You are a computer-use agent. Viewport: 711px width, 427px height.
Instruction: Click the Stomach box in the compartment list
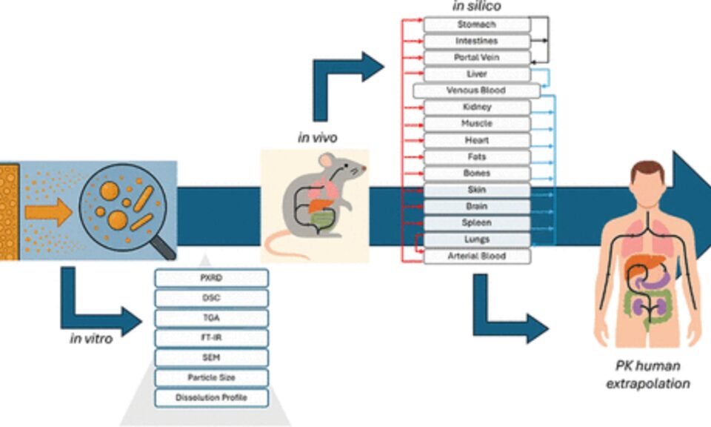coord(476,24)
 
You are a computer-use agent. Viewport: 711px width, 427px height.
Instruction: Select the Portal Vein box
coord(476,58)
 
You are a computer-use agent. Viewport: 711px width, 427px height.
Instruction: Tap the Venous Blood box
coord(476,90)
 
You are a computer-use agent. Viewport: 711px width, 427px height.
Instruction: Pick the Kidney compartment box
coord(476,107)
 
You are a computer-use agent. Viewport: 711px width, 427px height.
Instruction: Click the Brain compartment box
coord(476,206)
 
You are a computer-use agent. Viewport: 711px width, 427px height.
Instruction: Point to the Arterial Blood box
coord(476,256)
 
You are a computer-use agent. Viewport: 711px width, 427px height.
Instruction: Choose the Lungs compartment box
coord(476,239)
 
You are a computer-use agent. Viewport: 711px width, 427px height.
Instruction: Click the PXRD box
coord(211,279)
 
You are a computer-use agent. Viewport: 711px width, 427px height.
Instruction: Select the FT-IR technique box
coord(211,338)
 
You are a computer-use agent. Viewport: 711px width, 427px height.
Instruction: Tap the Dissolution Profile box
coord(211,397)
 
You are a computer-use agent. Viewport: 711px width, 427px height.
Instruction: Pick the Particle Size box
coord(211,378)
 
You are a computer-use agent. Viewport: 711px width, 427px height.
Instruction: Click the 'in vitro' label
coord(91,340)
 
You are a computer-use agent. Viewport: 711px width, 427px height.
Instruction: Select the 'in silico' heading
coord(476,7)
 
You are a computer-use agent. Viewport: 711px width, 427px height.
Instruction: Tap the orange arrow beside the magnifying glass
coord(47,211)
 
